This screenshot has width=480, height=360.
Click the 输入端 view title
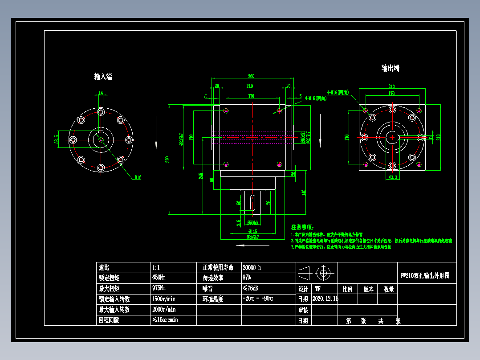coord(103,77)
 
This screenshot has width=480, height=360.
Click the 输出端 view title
coord(390,68)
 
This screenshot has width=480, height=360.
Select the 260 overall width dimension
coord(251,76)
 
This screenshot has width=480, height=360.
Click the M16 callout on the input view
coord(138,177)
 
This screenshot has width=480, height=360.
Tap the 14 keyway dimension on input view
coord(101,93)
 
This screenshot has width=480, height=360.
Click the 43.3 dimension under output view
coord(392,177)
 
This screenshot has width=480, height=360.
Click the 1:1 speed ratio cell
coord(156,268)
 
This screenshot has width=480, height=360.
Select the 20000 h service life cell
coord(252,268)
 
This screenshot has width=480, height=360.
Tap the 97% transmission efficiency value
coord(247,278)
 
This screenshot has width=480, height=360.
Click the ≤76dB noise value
coord(251,288)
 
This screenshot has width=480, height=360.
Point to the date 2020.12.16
coord(325,299)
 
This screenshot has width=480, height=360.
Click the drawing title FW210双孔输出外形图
coord(425,276)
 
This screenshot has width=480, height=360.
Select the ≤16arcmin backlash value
coord(165,320)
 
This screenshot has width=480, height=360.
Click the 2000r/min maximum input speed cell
coord(164,310)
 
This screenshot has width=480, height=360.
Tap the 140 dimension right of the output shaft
coord(304,192)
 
